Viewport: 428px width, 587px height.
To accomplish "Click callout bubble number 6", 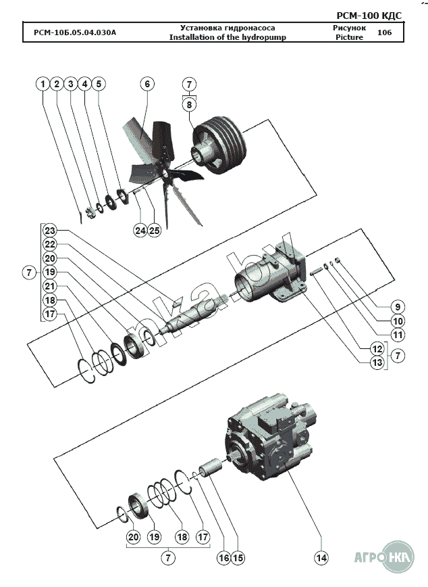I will click(x=146, y=84).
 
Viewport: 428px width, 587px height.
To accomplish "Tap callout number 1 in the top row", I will click(x=43, y=84).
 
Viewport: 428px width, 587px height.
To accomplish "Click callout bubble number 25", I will click(x=155, y=231).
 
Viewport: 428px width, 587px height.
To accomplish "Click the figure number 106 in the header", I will click(x=384, y=32).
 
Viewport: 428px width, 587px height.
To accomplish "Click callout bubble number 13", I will click(x=377, y=363).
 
